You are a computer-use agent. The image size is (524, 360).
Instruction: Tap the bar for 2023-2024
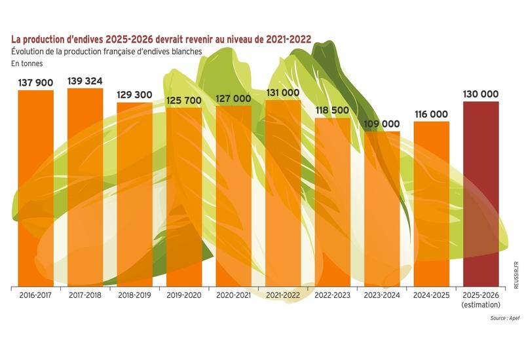(382, 209)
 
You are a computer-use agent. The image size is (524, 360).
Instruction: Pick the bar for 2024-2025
(432, 204)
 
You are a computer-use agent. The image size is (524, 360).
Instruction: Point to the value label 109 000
(382, 124)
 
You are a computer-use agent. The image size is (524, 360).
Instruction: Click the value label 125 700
(184, 99)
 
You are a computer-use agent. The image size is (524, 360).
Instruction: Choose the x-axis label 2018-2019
(134, 296)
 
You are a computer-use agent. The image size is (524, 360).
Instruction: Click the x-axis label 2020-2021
(233, 296)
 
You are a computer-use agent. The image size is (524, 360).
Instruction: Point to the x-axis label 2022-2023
(333, 296)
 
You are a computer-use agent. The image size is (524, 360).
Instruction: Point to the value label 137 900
(35, 82)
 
